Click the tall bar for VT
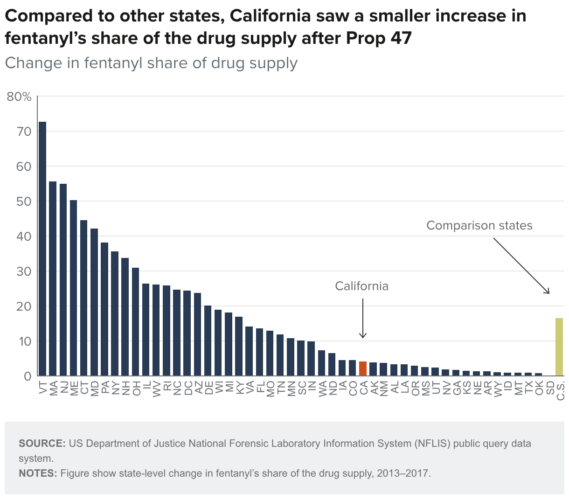(x=42, y=249)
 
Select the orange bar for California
(x=363, y=368)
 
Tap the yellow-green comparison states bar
(x=559, y=347)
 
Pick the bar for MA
(x=53, y=278)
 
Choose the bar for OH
(x=135, y=322)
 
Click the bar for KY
(x=239, y=346)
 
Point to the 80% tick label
(x=19, y=97)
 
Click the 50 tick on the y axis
(x=24, y=201)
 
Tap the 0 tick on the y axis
(x=27, y=376)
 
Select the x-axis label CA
(x=363, y=388)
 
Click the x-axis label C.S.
(x=560, y=390)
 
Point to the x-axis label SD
(x=549, y=388)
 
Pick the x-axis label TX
(x=528, y=388)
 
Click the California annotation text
(x=362, y=286)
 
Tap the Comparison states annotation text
(x=479, y=225)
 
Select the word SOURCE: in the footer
(x=42, y=443)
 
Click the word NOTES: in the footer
(x=38, y=473)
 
